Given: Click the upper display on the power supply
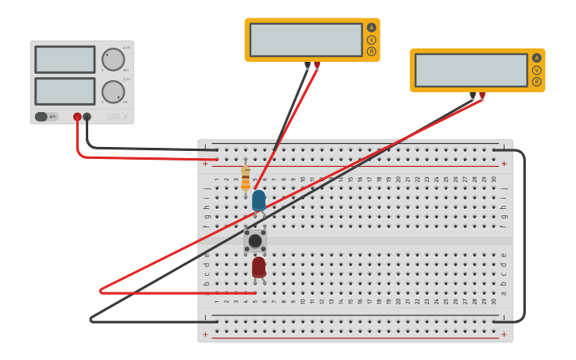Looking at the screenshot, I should point(65,60).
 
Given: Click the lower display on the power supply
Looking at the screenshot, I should point(65,91).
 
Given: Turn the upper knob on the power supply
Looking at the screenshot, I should point(114,59).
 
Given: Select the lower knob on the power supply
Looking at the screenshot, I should point(114,91).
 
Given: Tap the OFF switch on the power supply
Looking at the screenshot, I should point(46,117).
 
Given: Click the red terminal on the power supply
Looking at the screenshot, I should point(77,117).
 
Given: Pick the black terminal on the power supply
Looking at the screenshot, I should point(87,117).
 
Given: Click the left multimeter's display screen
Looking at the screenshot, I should point(306,40).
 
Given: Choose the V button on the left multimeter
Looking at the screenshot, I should point(371,40).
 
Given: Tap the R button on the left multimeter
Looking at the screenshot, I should point(371,52).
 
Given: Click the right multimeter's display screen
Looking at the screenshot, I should point(471,70).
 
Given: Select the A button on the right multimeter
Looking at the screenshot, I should point(537,58).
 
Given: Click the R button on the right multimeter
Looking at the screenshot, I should point(537,82).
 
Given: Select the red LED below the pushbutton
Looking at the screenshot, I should point(258,267).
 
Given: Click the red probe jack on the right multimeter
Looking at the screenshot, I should point(482,95).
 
